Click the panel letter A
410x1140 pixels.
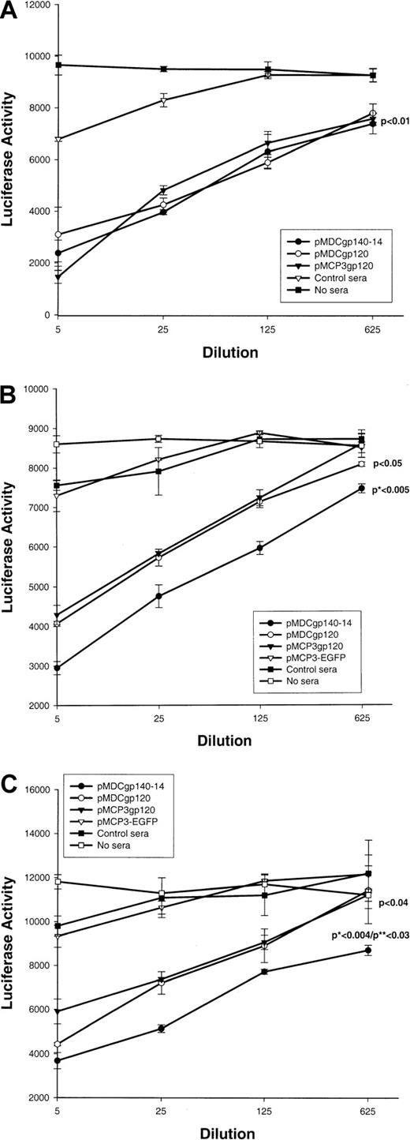pyautogui.click(x=11, y=13)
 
